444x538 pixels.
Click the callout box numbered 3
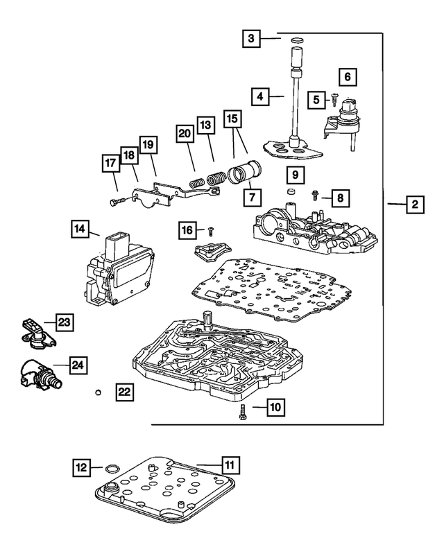coord(252,40)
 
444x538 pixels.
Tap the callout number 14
coord(80,228)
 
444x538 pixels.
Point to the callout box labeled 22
coord(123,392)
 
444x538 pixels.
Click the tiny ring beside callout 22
coord(99,392)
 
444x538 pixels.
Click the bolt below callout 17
coord(116,201)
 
